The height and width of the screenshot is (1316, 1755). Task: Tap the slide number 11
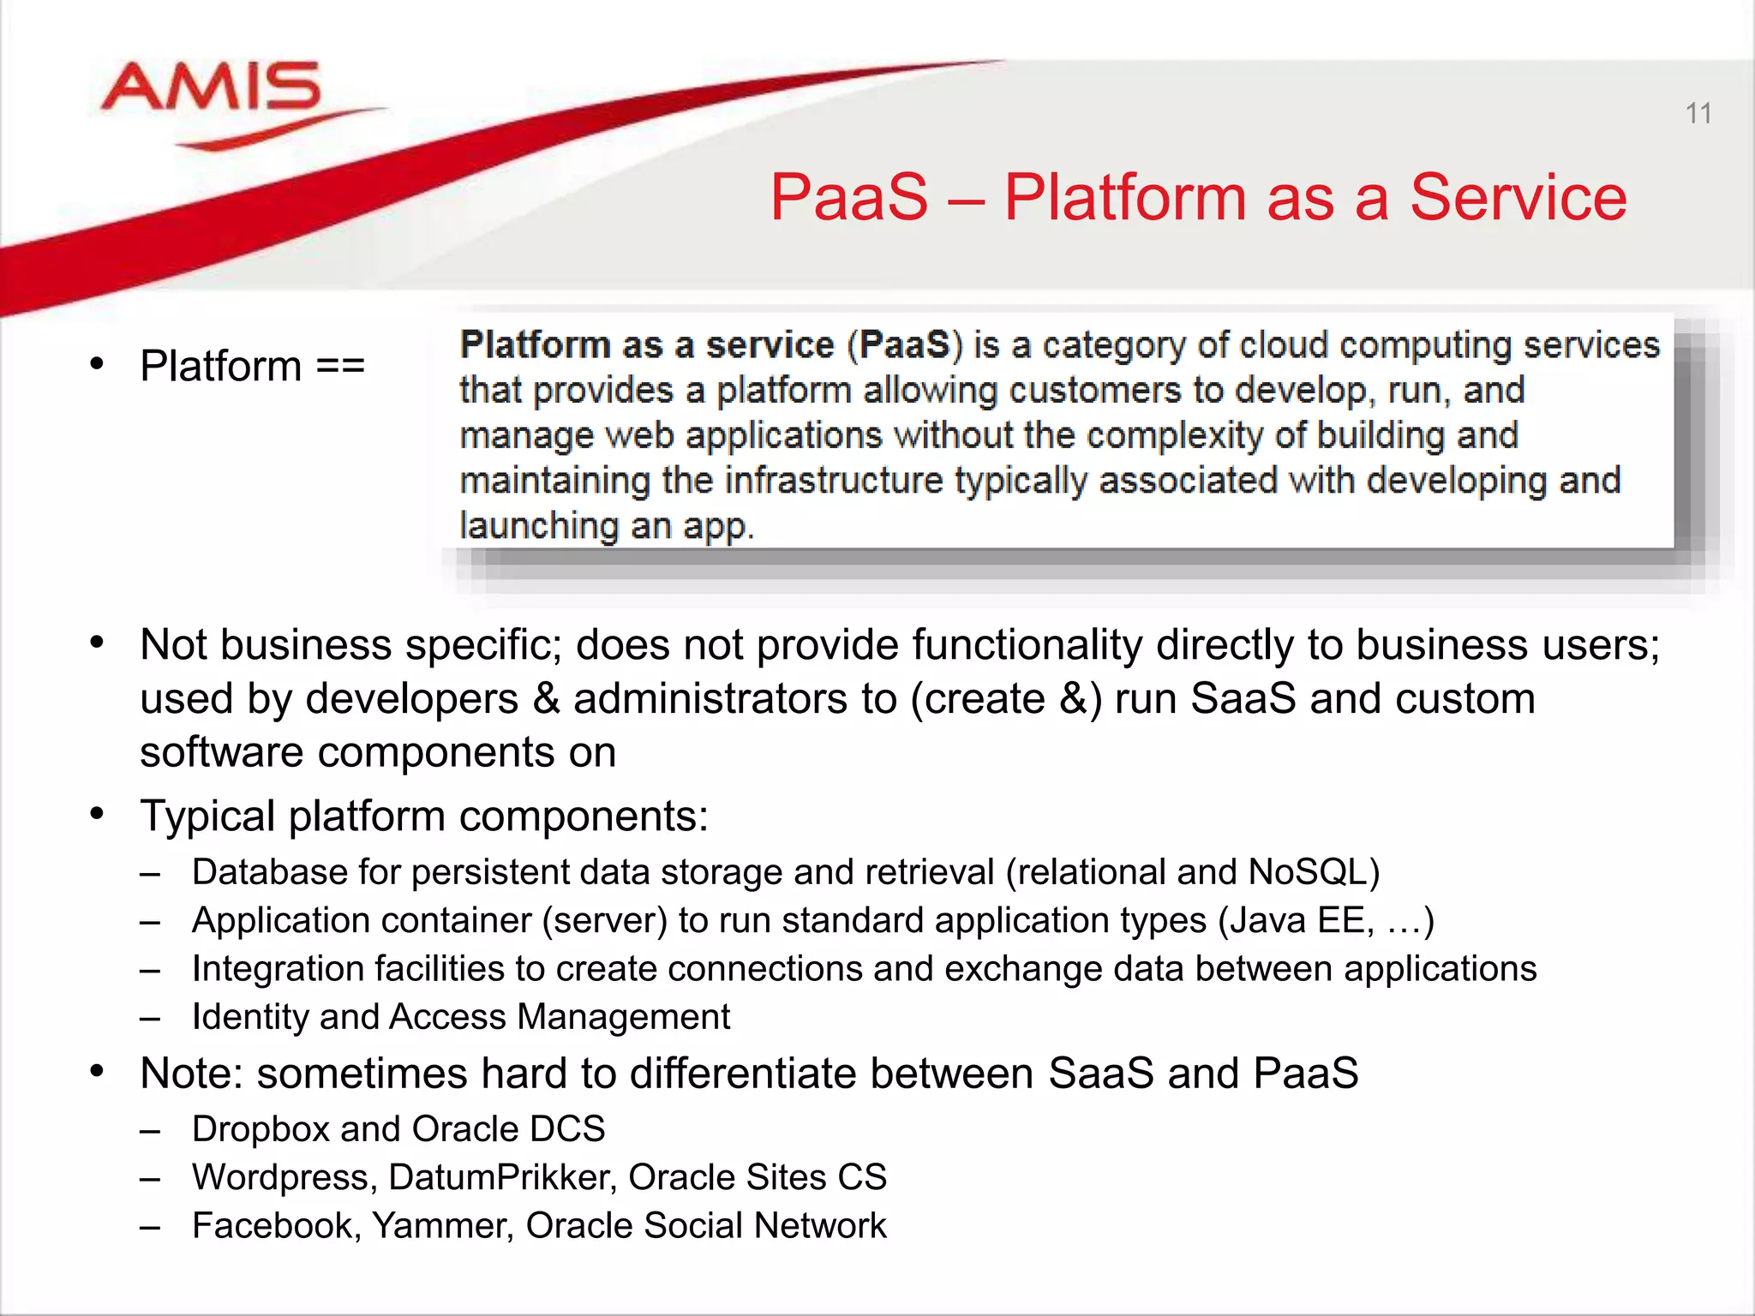coord(1698,113)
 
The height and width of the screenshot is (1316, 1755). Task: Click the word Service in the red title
coord(1518,197)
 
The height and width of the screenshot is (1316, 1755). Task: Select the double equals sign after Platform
coord(340,366)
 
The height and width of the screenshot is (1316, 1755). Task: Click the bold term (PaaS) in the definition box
coord(905,344)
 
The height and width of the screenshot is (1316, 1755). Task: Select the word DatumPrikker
coord(502,1177)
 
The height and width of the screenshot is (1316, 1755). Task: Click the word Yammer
coord(442,1226)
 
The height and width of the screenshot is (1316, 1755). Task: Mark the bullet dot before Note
coord(97,1071)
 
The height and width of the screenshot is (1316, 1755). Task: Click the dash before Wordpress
coord(150,1179)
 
